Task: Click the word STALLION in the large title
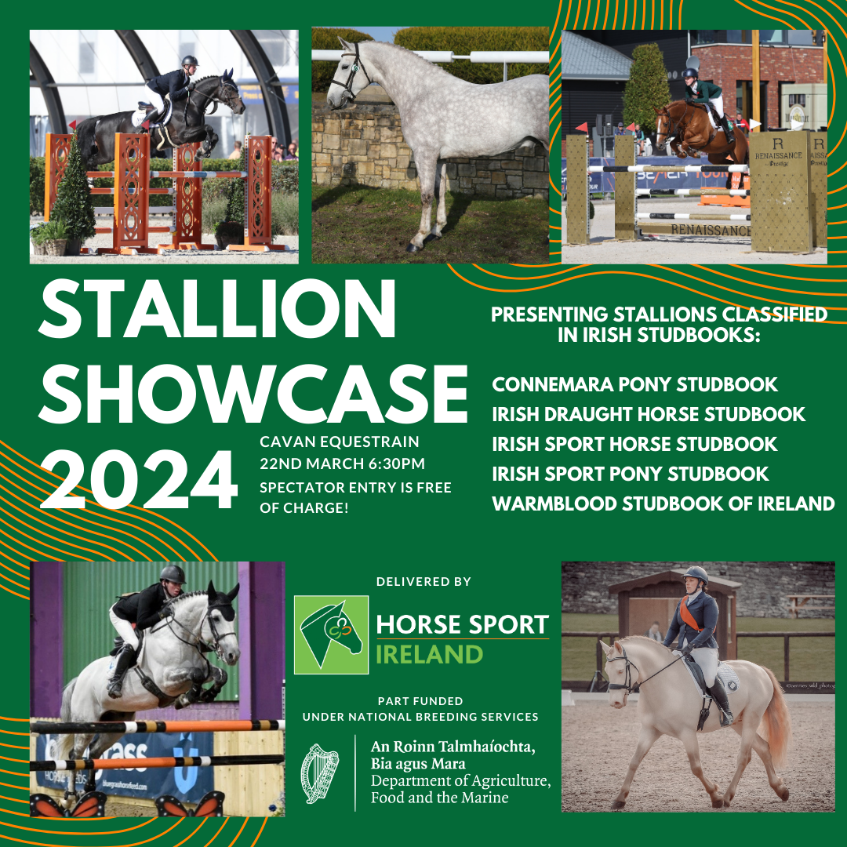click(x=217, y=309)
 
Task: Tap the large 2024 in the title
click(x=139, y=480)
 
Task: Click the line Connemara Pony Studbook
click(x=634, y=384)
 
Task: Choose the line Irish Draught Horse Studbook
click(x=649, y=414)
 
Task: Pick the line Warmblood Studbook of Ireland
click(x=663, y=503)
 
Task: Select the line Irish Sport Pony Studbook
click(x=631, y=474)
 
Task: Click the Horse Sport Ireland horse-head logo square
click(x=331, y=634)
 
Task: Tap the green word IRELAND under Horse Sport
click(x=430, y=655)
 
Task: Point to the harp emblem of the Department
click(x=319, y=773)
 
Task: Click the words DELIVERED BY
click(x=423, y=582)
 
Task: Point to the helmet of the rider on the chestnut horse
click(x=689, y=73)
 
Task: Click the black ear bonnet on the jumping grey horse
click(x=222, y=605)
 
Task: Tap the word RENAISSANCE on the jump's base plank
click(x=711, y=230)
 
